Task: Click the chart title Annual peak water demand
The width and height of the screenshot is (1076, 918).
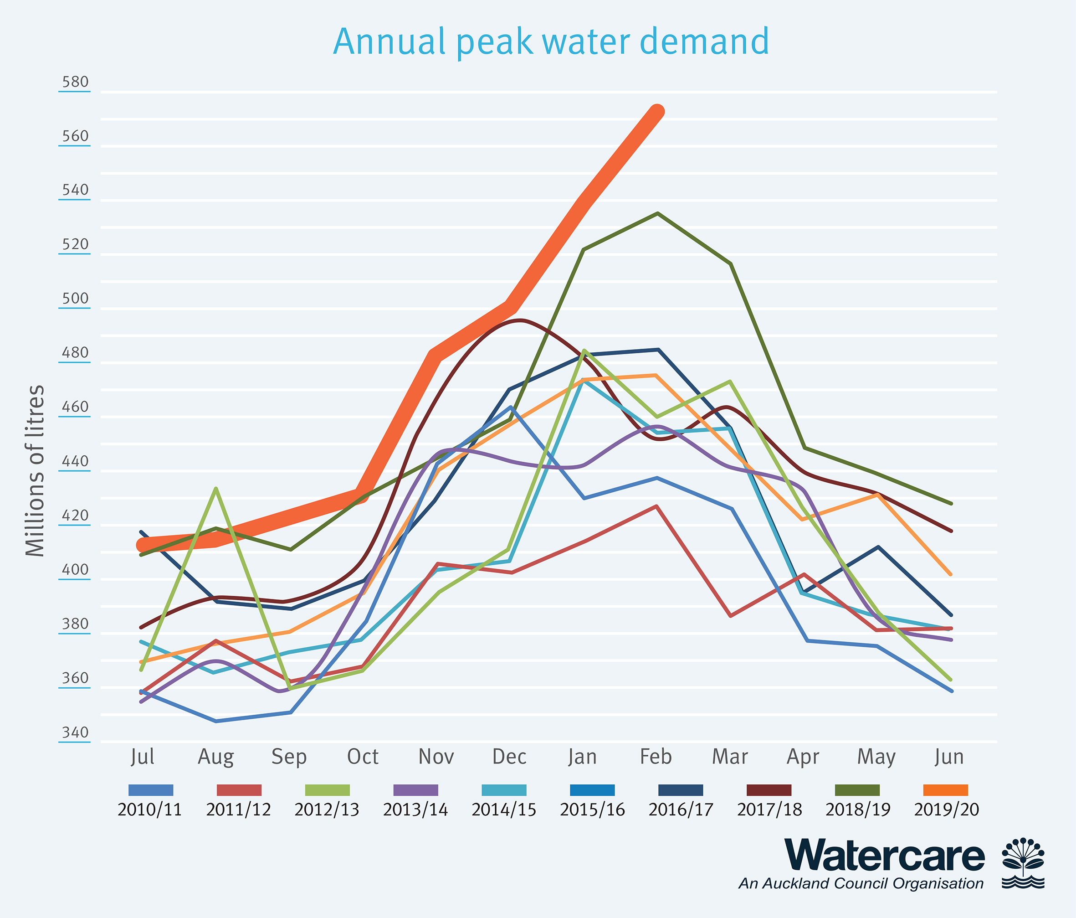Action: point(550,41)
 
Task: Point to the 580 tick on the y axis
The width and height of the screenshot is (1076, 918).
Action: point(75,82)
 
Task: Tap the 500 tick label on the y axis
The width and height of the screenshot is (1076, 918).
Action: point(75,299)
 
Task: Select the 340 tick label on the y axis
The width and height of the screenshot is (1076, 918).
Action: point(75,732)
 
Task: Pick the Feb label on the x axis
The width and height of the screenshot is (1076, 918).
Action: point(656,757)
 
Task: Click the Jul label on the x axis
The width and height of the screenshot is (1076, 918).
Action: point(142,757)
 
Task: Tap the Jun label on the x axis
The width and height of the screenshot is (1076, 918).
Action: point(949,757)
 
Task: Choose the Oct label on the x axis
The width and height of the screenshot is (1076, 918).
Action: point(363,757)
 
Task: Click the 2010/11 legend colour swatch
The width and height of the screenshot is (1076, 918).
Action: point(151,790)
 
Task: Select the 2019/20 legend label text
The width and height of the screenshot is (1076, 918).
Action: point(946,810)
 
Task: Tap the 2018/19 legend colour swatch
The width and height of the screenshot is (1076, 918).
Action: point(857,790)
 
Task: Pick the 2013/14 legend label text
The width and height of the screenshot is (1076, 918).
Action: point(415,810)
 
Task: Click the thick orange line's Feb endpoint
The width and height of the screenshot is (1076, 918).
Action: point(657,112)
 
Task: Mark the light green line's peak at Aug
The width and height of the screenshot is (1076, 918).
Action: point(216,488)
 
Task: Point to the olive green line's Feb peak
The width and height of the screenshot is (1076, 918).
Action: point(657,213)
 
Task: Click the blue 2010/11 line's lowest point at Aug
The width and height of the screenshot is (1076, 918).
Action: point(216,721)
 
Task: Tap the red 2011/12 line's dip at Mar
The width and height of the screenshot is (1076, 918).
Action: point(731,616)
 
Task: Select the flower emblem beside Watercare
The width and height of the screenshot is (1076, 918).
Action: point(1023,863)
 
